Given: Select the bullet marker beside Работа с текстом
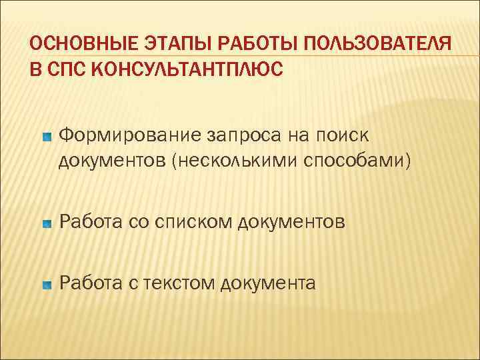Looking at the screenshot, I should point(46,284).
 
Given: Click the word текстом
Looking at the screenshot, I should point(174,283).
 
